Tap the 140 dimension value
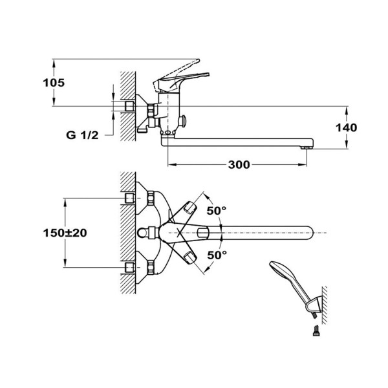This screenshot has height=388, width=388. tap(347, 127)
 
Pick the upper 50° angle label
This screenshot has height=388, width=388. tap(217, 210)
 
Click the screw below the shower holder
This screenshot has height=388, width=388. tap(315, 332)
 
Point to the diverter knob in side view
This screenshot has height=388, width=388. tap(184, 120)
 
